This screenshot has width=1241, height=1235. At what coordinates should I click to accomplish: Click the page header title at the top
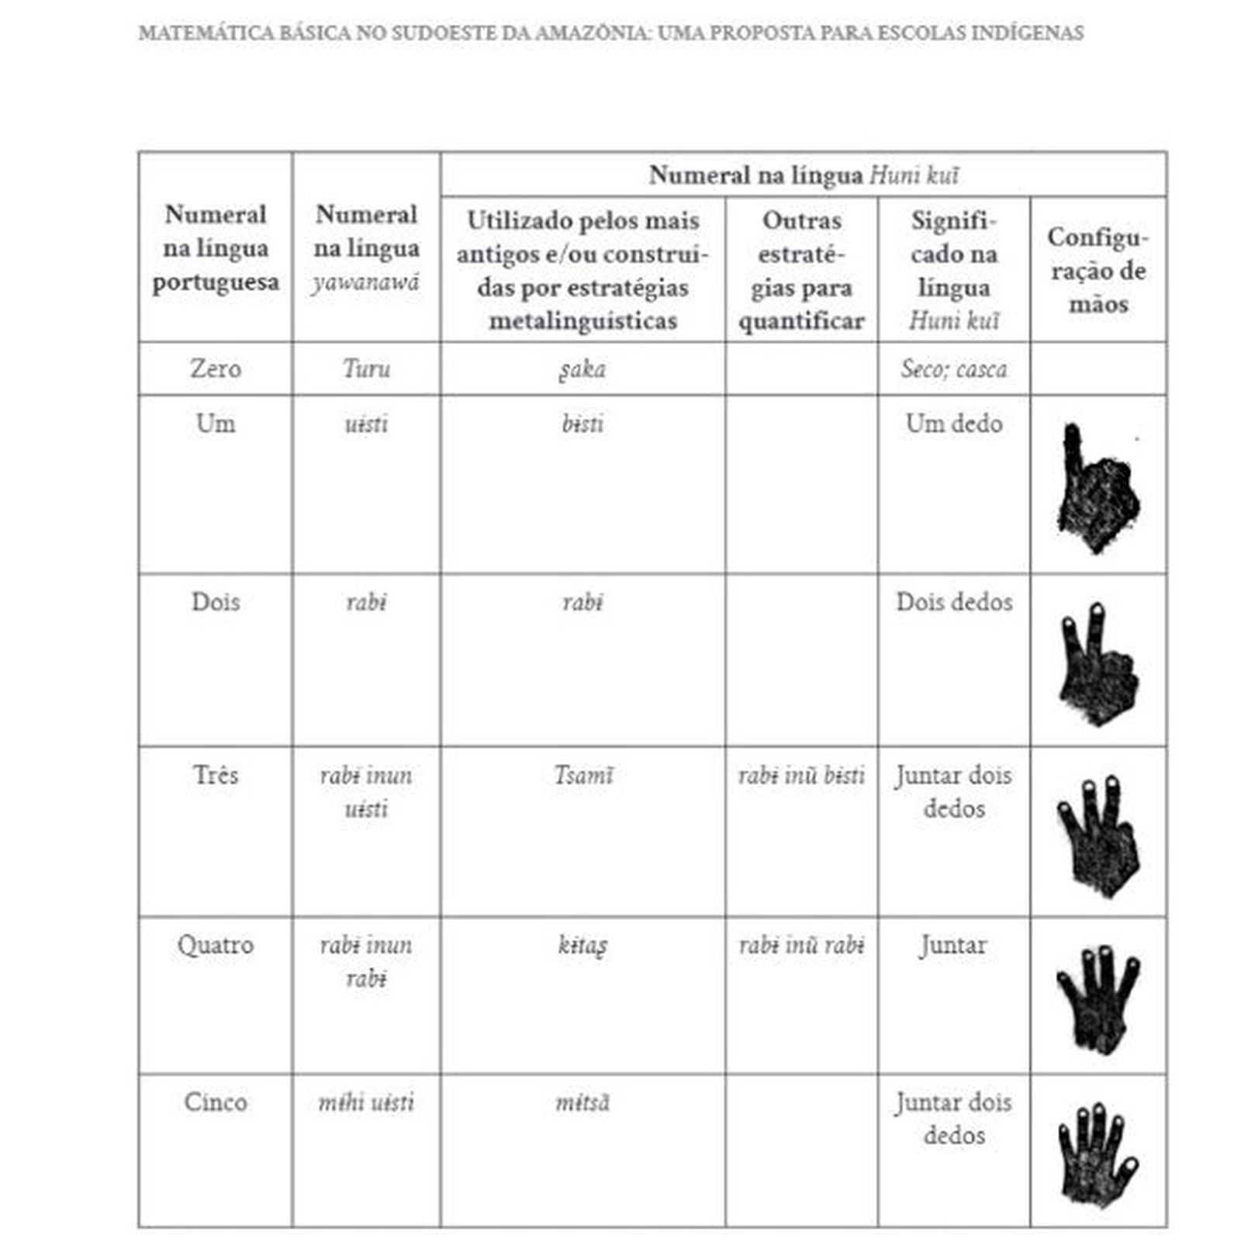610,33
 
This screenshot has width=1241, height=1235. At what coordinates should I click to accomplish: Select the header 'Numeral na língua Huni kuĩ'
803,175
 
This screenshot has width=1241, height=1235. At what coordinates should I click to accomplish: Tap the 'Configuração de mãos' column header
1098,270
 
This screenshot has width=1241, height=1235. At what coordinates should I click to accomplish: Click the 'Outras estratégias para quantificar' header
801,270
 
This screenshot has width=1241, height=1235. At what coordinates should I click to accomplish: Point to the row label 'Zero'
215,368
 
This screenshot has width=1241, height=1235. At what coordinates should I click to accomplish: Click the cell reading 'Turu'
366,368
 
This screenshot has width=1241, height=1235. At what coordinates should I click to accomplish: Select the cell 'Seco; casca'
953,368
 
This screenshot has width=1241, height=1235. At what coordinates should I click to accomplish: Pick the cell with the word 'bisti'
582,424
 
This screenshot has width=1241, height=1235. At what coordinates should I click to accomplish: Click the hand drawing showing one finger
1096,487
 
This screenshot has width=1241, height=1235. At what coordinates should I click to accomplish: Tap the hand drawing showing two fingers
1097,663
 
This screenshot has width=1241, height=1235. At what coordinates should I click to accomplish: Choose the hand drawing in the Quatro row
1097,998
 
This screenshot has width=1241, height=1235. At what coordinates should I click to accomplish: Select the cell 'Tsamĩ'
582,775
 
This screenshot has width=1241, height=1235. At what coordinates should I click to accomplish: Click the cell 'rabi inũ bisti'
801,775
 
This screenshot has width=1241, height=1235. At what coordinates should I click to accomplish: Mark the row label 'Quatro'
215,946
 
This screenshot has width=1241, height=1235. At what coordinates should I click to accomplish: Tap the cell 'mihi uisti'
366,1102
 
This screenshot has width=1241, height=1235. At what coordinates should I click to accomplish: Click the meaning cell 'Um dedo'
953,424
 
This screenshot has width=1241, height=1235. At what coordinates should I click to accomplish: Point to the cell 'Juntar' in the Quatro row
953,946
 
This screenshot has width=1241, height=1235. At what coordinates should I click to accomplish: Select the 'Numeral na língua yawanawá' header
366,247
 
